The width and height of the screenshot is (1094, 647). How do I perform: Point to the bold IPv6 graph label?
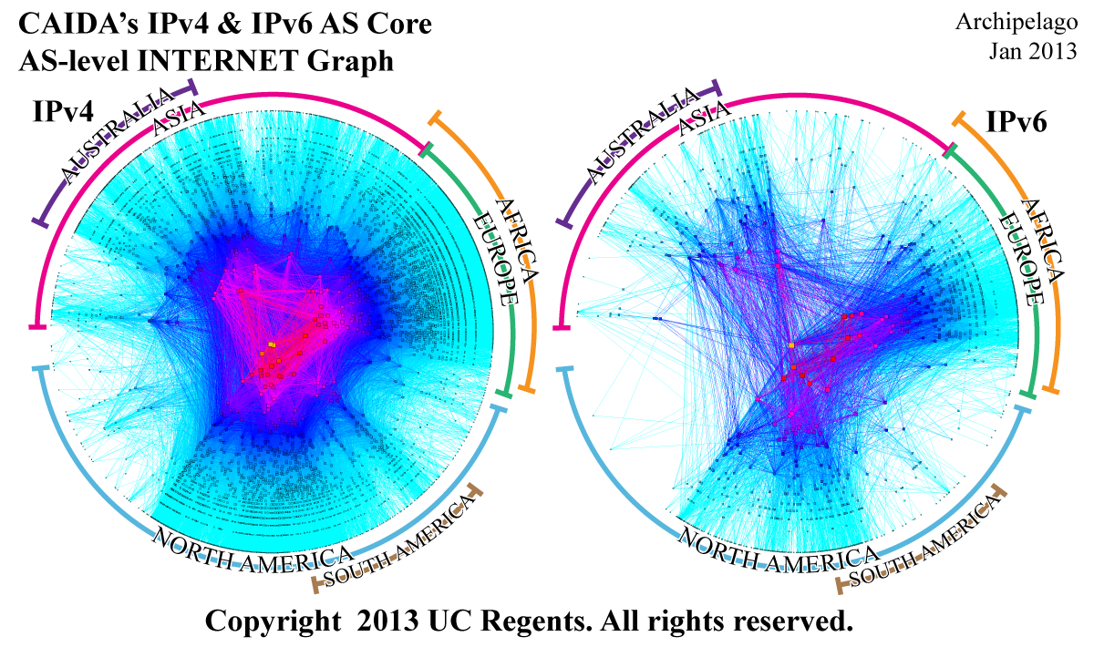[x=1017, y=122]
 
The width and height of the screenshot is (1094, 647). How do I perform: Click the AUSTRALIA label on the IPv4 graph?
[x=114, y=137]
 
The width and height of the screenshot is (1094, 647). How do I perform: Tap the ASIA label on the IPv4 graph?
[x=179, y=118]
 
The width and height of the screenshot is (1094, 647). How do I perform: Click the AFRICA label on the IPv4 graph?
[x=519, y=240]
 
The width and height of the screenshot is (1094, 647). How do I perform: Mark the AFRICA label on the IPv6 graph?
[x=1043, y=240]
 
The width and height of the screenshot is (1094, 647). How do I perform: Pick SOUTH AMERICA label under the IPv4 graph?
[x=401, y=541]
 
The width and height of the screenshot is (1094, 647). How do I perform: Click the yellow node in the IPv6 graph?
[x=791, y=345]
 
